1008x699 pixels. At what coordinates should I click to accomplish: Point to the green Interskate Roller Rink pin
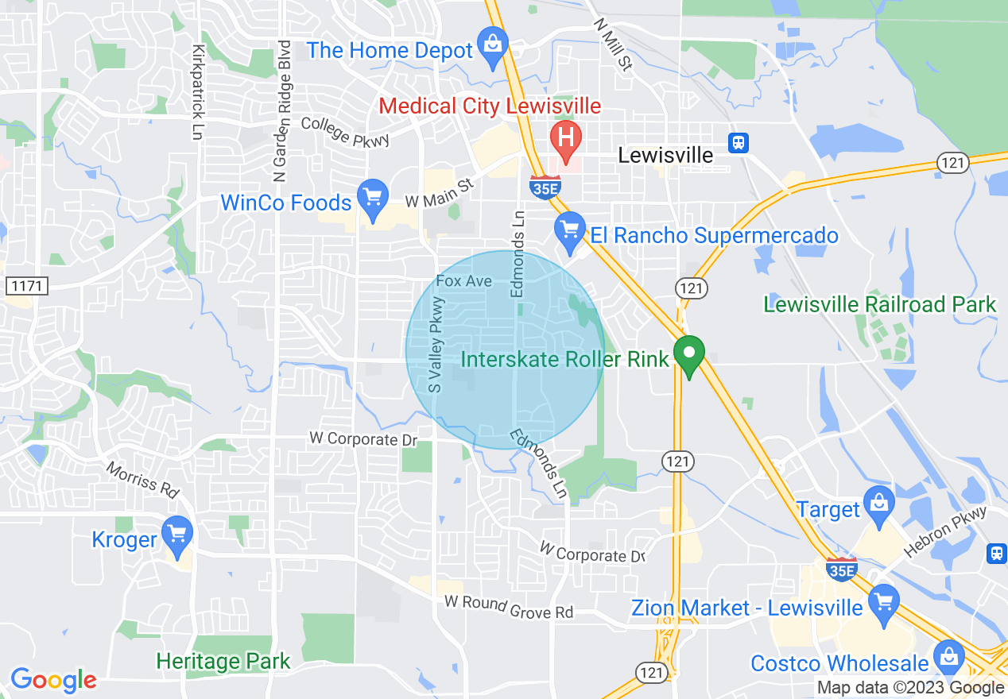click(x=688, y=355)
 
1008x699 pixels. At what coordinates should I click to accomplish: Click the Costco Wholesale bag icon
click(x=948, y=658)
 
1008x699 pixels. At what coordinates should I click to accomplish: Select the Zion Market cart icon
click(x=883, y=603)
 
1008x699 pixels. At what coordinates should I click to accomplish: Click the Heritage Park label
click(x=223, y=661)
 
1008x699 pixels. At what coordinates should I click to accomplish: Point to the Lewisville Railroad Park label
click(x=879, y=304)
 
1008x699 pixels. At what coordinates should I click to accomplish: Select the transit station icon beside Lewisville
click(x=739, y=143)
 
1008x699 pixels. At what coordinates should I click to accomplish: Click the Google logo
click(x=53, y=680)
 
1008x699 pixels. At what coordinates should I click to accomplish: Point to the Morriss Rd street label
click(x=143, y=479)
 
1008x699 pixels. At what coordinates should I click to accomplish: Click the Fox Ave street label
click(x=464, y=281)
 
